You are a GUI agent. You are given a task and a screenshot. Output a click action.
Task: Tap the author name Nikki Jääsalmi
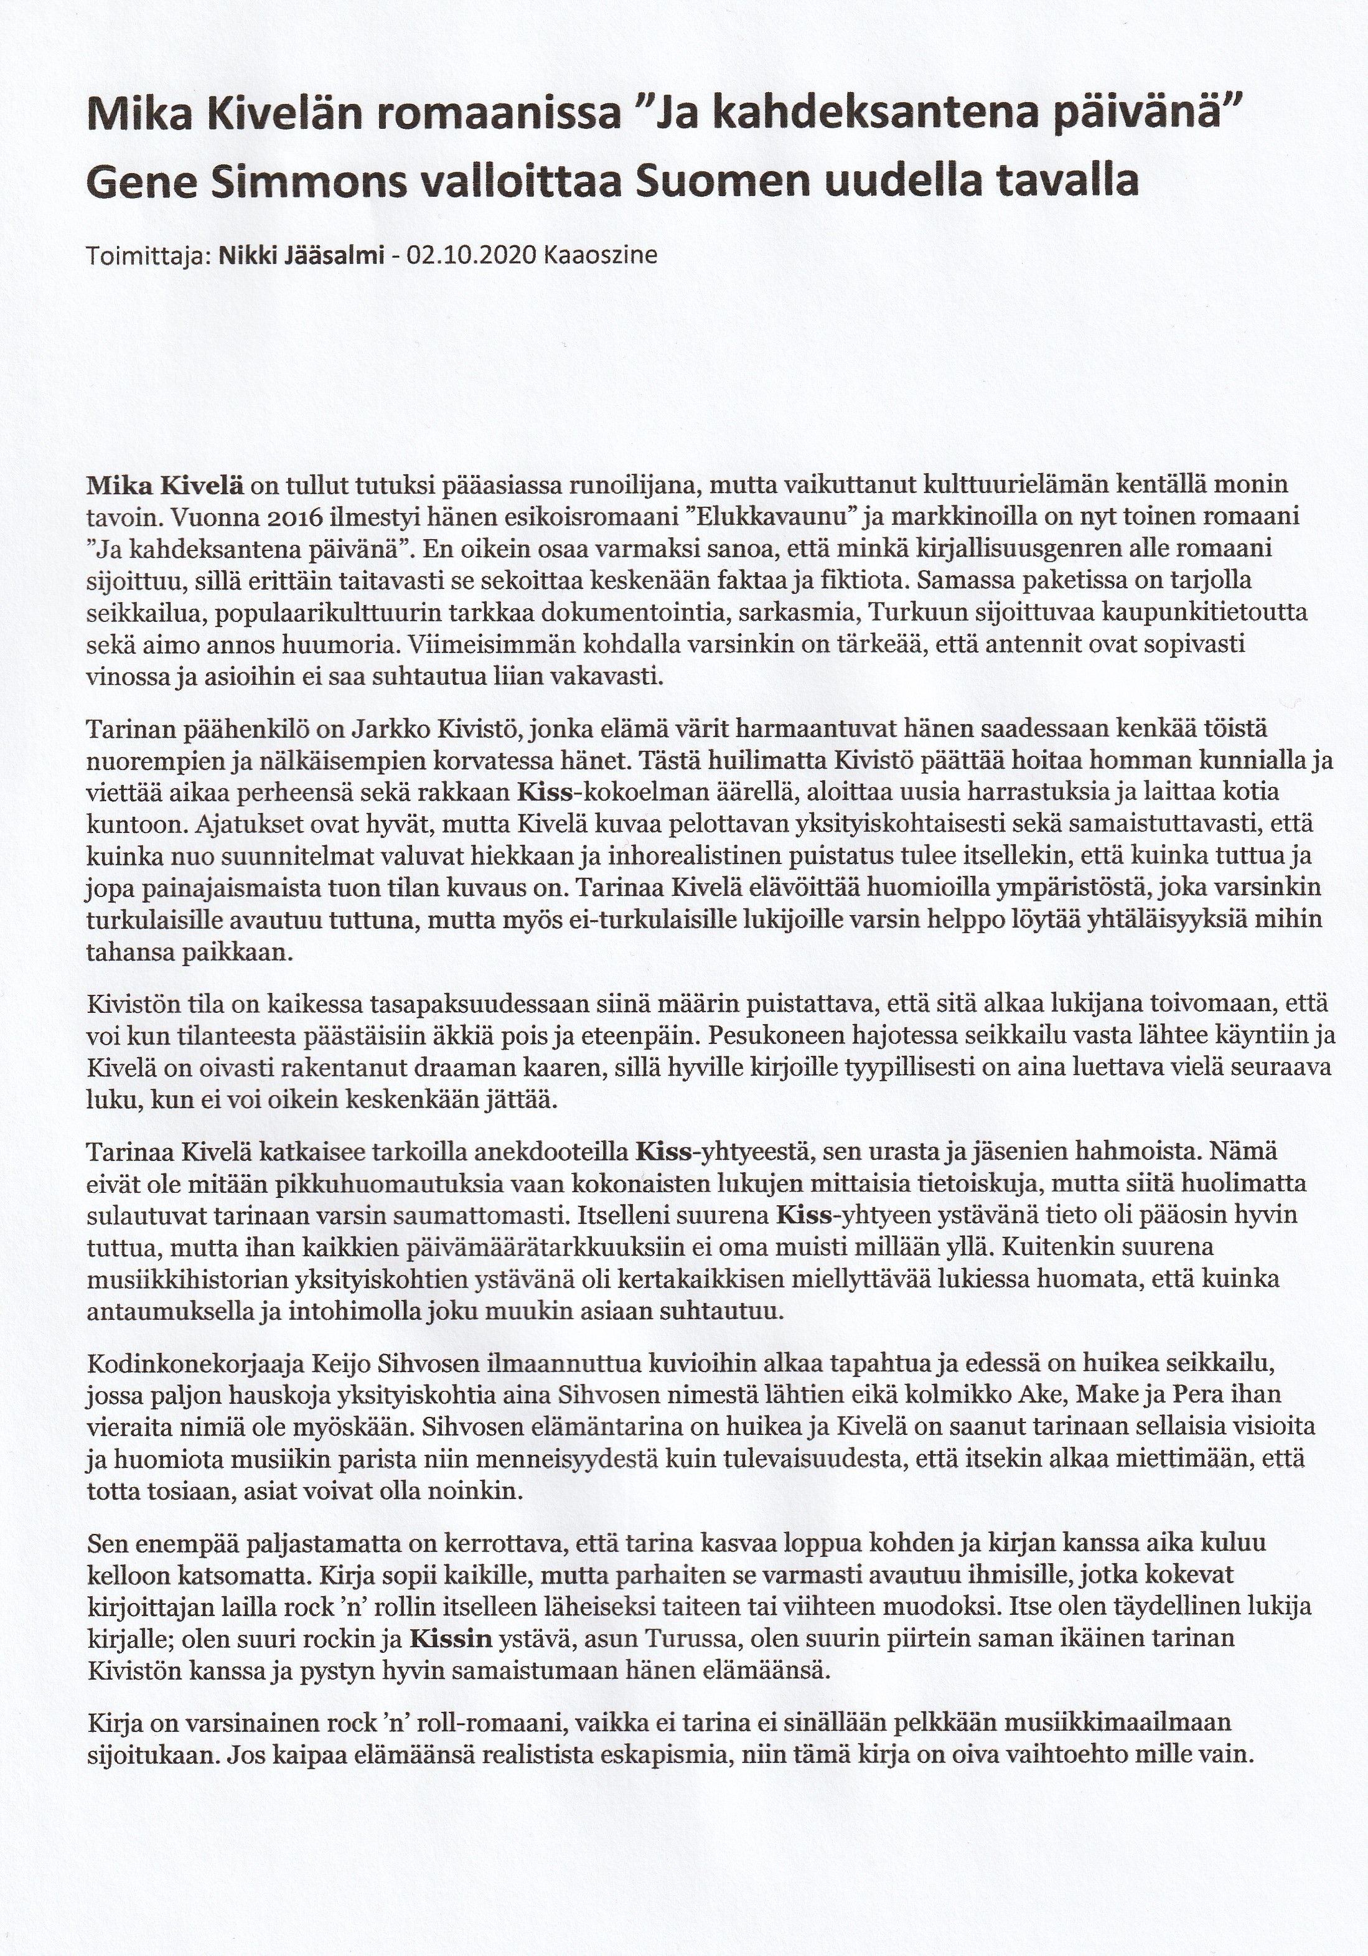301,256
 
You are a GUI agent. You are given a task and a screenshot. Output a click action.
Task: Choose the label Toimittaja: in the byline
149,256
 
